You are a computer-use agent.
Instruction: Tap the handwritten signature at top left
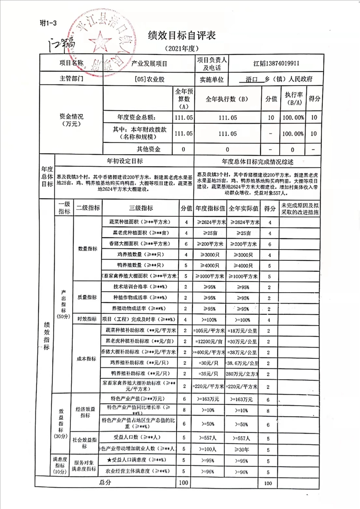tap(59, 44)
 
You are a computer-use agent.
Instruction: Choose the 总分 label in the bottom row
tap(105, 483)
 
